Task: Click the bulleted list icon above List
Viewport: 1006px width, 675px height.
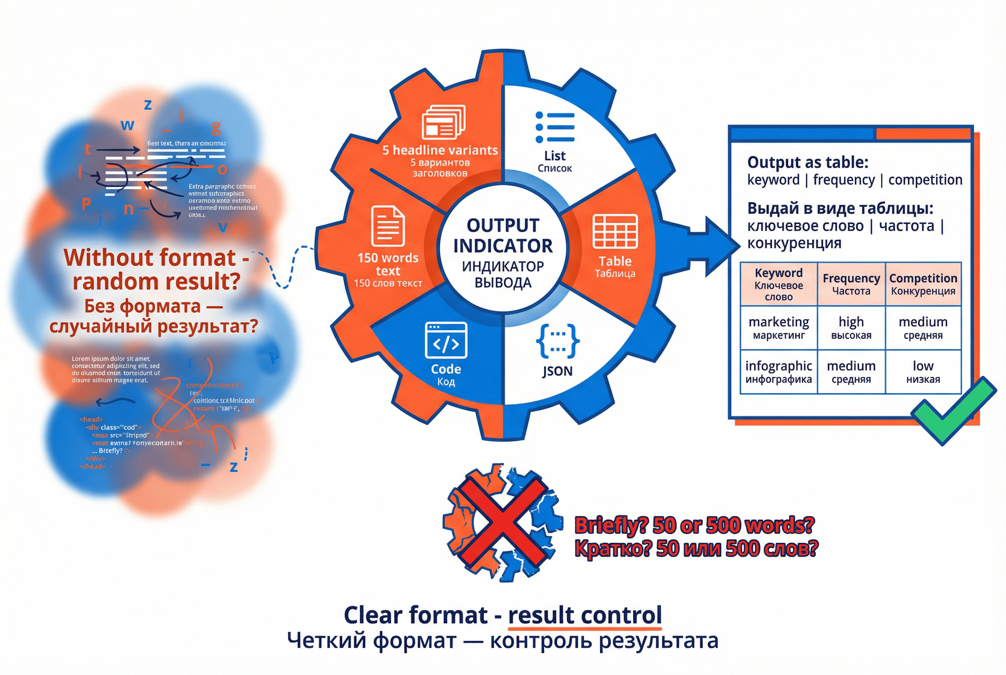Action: pyautogui.click(x=555, y=127)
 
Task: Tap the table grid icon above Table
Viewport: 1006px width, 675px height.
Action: pyautogui.click(x=615, y=232)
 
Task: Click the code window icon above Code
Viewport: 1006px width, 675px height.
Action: pyautogui.click(x=446, y=340)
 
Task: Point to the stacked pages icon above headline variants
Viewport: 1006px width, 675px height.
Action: pyautogui.click(x=443, y=122)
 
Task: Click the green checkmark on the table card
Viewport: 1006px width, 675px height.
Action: pyautogui.click(x=953, y=410)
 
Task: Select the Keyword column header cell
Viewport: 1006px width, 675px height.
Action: pyautogui.click(x=778, y=284)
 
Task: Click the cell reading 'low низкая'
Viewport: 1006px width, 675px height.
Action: pyautogui.click(x=923, y=372)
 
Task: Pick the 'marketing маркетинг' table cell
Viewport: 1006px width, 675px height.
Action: pyautogui.click(x=778, y=328)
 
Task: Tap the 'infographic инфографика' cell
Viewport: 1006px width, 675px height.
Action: pyautogui.click(x=778, y=372)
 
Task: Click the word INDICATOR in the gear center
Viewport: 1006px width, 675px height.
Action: pyautogui.click(x=502, y=246)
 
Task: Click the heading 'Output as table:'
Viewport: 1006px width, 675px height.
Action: pyautogui.click(x=808, y=162)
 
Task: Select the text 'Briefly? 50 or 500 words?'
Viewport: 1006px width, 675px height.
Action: pyautogui.click(x=694, y=525)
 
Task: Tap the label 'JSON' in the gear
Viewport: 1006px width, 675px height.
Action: pyautogui.click(x=557, y=371)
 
